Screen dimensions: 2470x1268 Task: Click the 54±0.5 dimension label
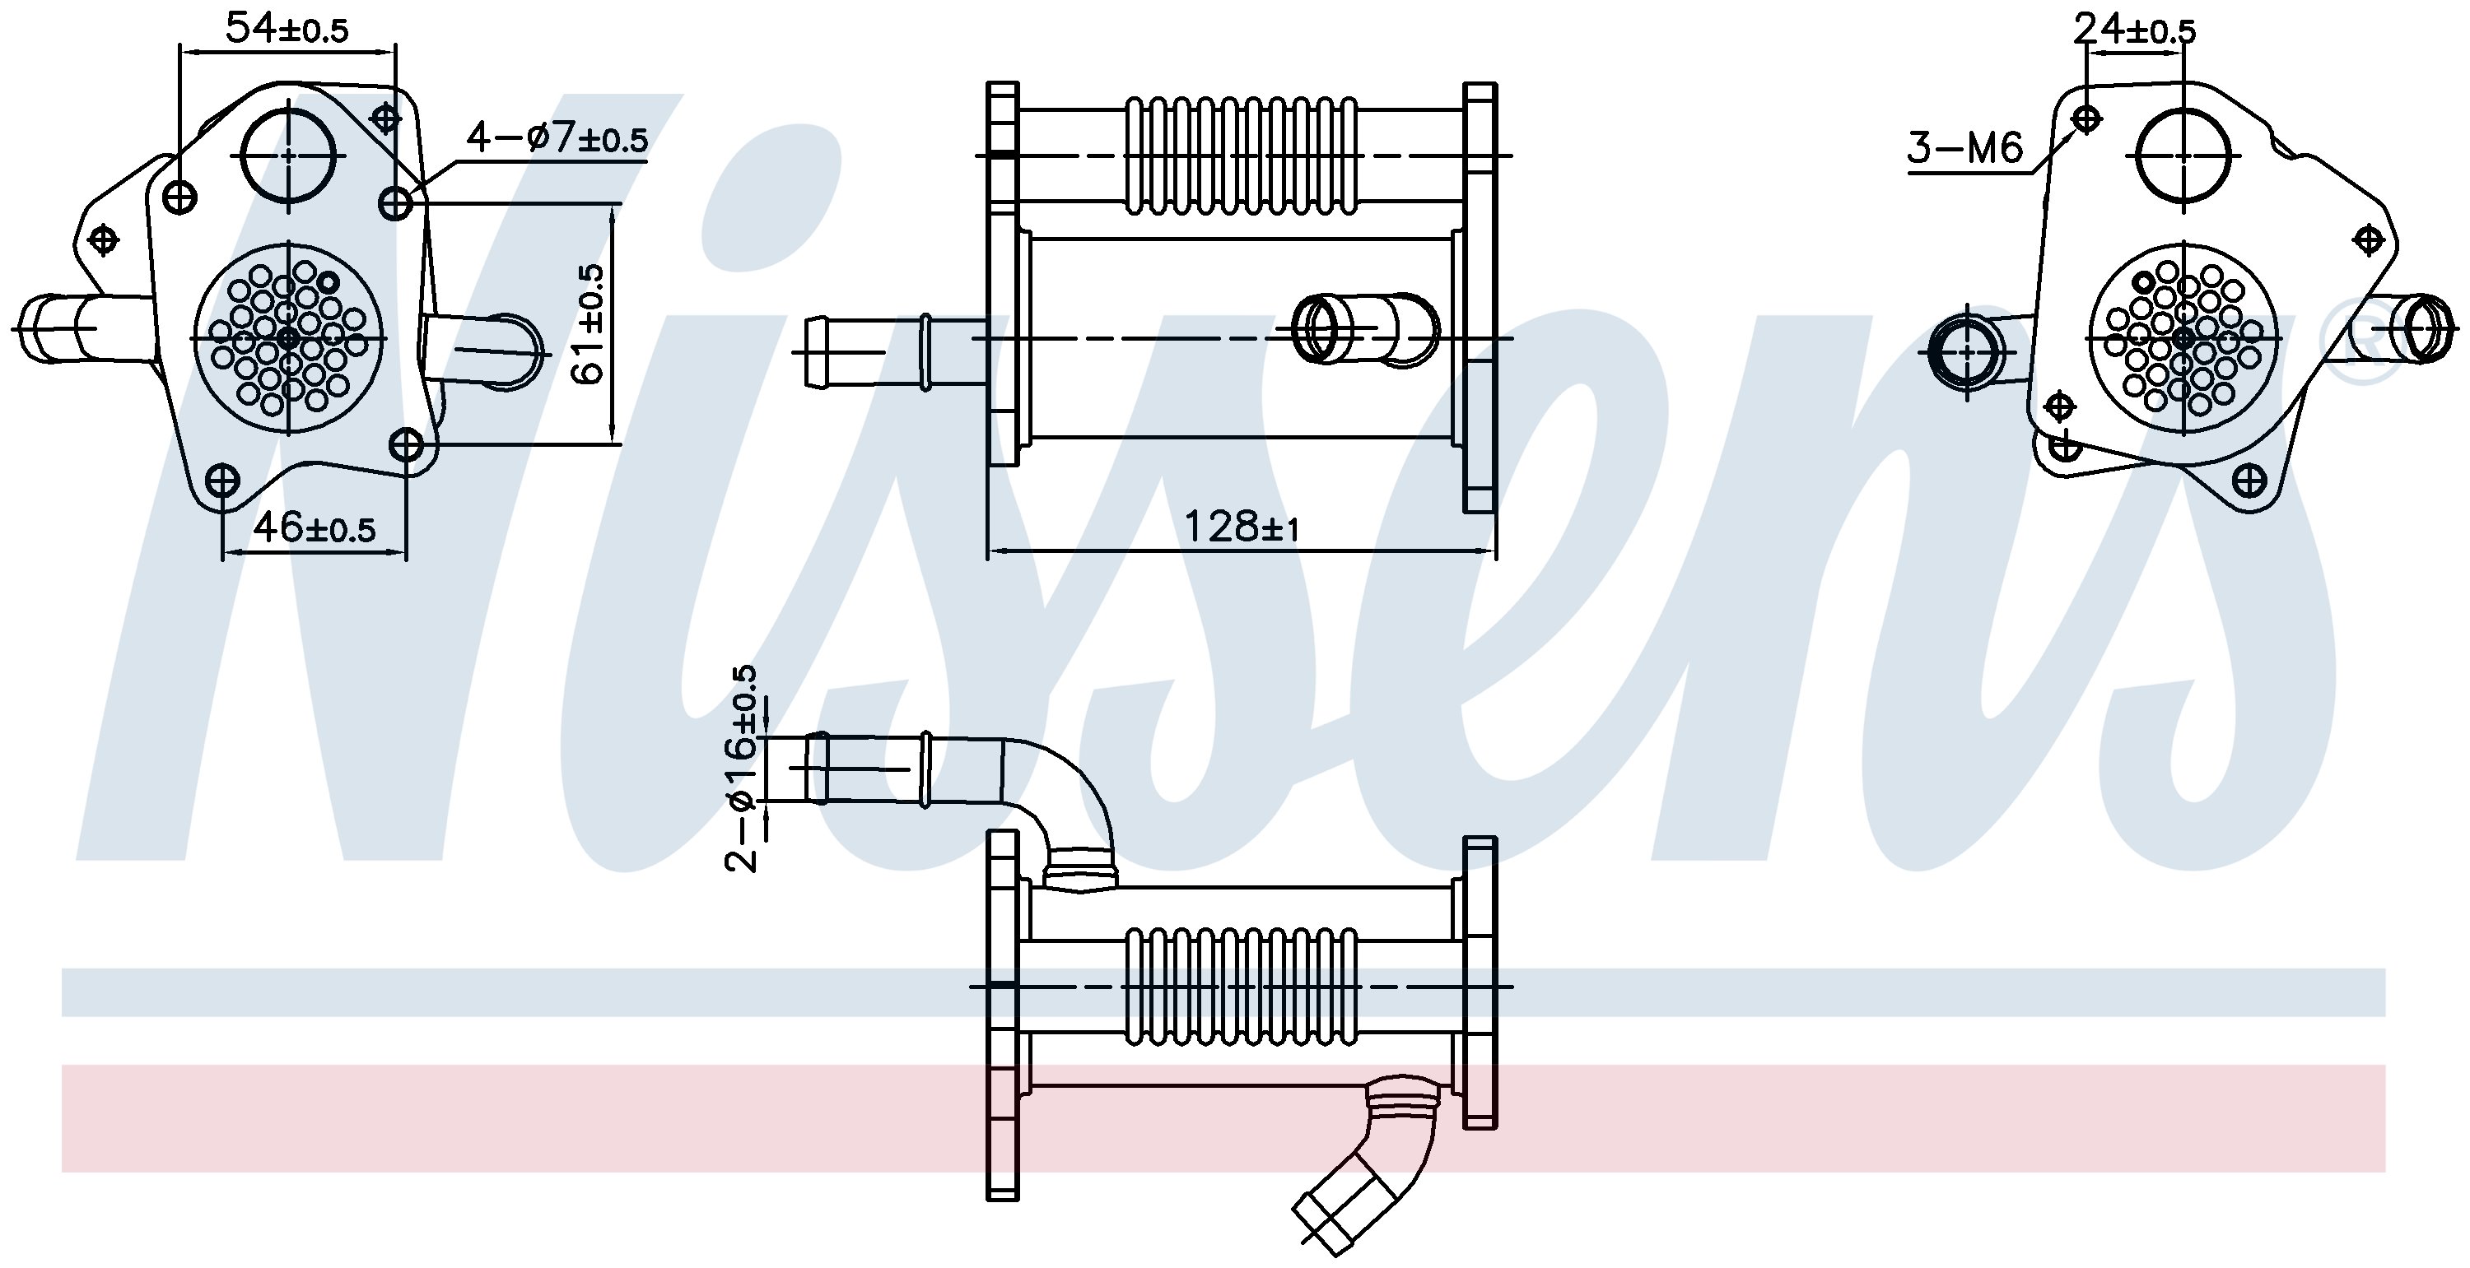(287, 29)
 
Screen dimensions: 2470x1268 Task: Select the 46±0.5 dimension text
(314, 527)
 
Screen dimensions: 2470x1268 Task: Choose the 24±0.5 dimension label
(2134, 30)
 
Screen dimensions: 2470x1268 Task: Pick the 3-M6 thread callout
(1964, 149)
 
